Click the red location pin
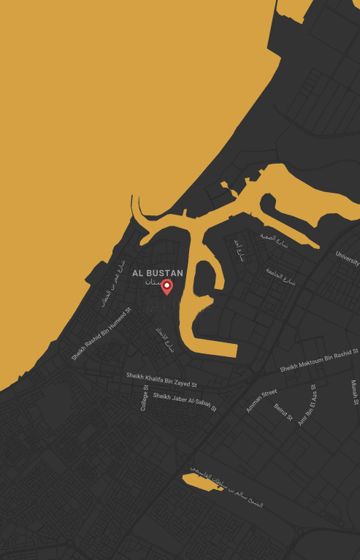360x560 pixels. click(166, 286)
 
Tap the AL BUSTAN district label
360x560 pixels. click(158, 273)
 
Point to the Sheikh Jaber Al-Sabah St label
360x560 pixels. click(185, 401)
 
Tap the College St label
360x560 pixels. click(145, 398)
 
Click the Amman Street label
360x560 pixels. click(261, 400)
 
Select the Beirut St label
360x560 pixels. click(283, 413)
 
